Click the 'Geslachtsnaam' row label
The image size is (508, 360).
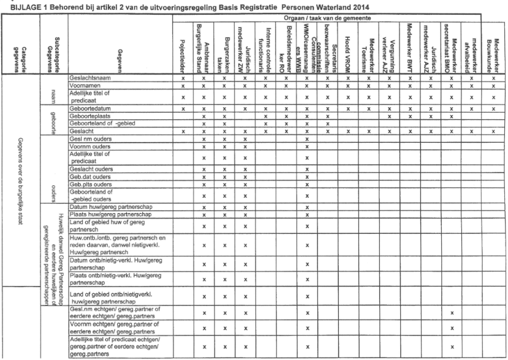click(91, 79)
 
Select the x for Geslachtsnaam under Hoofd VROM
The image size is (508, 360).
click(347, 80)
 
